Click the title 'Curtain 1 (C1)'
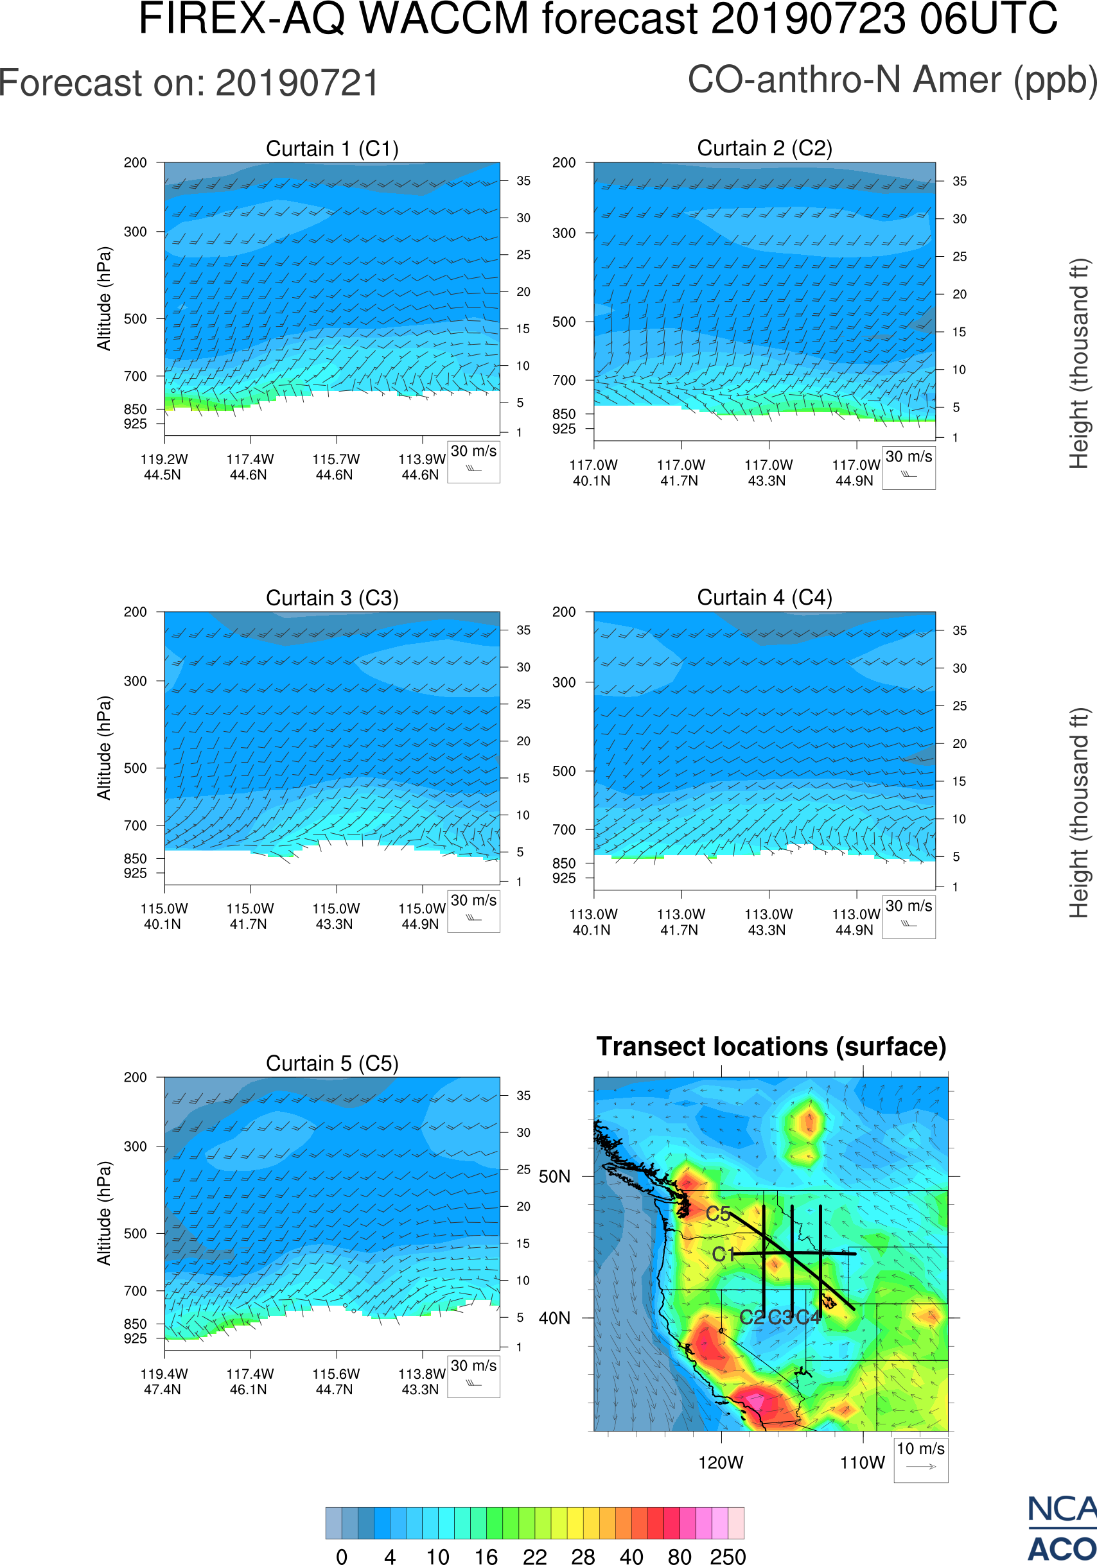pyautogui.click(x=332, y=148)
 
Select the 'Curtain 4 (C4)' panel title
pyautogui.click(x=764, y=598)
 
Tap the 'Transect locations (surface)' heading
pyautogui.click(x=771, y=1047)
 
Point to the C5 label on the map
pyautogui.click(x=718, y=1214)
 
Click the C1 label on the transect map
pyautogui.click(x=723, y=1254)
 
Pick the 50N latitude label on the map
pyautogui.click(x=554, y=1177)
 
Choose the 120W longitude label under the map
pyautogui.click(x=721, y=1463)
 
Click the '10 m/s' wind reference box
pyautogui.click(x=920, y=1458)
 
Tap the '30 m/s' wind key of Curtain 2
pyautogui.click(x=908, y=467)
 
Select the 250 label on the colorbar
pyautogui.click(x=728, y=1556)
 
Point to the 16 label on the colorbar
pyautogui.click(x=486, y=1556)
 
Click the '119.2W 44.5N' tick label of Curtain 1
pyautogui.click(x=164, y=467)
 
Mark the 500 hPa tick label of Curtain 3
pyautogui.click(x=135, y=768)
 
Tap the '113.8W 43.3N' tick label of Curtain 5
pyautogui.click(x=421, y=1381)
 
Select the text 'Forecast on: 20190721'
pyautogui.click(x=189, y=83)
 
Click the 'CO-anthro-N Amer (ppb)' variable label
pyautogui.click(x=891, y=80)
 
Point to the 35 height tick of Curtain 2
pyautogui.click(x=960, y=181)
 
